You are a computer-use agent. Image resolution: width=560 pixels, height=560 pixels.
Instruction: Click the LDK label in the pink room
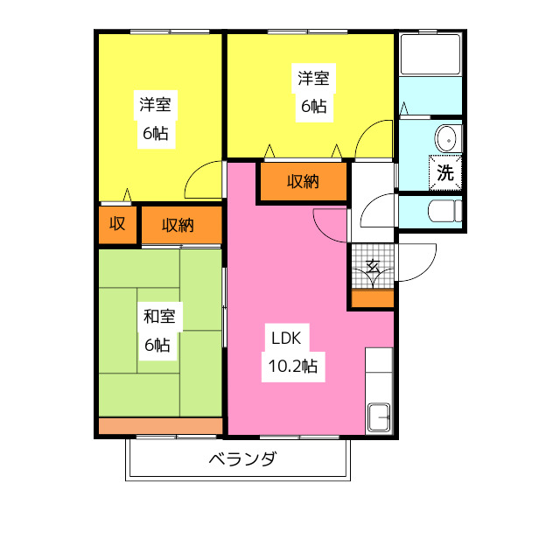286,338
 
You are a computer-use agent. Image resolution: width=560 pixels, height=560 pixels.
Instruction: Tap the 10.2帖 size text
293,367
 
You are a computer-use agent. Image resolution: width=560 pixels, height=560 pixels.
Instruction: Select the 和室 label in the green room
159,317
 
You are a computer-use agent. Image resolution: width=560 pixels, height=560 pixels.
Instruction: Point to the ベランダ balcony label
243,458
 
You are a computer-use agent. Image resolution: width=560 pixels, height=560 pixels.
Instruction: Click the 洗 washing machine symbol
445,173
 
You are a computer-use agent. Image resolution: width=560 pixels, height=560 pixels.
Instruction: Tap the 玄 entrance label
373,266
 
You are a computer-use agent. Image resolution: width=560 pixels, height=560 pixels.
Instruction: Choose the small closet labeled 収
117,225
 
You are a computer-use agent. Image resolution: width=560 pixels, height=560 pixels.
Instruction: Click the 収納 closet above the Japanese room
182,225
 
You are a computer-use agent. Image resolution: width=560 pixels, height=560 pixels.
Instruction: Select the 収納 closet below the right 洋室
304,182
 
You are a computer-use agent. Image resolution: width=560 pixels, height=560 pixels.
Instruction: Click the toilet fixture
445,211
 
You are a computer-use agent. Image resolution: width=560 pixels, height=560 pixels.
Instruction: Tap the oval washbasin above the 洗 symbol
445,139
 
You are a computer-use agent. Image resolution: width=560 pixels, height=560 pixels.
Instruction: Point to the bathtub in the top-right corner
430,54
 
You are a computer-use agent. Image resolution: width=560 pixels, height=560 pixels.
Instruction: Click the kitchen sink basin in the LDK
379,417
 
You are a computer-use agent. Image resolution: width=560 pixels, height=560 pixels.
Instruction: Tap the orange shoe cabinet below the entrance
373,298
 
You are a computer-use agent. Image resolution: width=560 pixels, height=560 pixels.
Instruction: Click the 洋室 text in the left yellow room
156,105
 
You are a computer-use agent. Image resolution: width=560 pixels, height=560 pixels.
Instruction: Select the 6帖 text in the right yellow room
314,106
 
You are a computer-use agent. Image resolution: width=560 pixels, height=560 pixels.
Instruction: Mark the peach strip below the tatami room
160,426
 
